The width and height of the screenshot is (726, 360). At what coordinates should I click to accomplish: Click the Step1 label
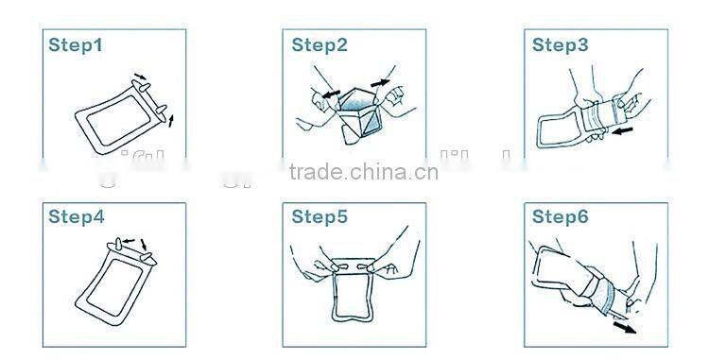[x=76, y=44]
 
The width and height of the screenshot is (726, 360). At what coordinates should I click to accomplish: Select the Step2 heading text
[x=320, y=44]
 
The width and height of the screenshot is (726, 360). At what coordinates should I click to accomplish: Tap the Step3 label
[x=560, y=44]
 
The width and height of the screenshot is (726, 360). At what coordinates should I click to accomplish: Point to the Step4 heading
[x=76, y=217]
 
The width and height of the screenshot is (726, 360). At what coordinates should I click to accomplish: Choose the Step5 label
[x=320, y=217]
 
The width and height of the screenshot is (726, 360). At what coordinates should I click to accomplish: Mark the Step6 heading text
[x=560, y=217]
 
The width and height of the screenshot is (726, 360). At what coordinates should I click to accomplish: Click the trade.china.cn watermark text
[x=363, y=172]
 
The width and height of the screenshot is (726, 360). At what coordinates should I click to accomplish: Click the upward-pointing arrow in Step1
[x=171, y=117]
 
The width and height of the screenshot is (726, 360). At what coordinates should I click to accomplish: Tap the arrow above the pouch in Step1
[x=140, y=77]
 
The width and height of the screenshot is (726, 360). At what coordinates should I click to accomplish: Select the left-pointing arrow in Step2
[x=326, y=94]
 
